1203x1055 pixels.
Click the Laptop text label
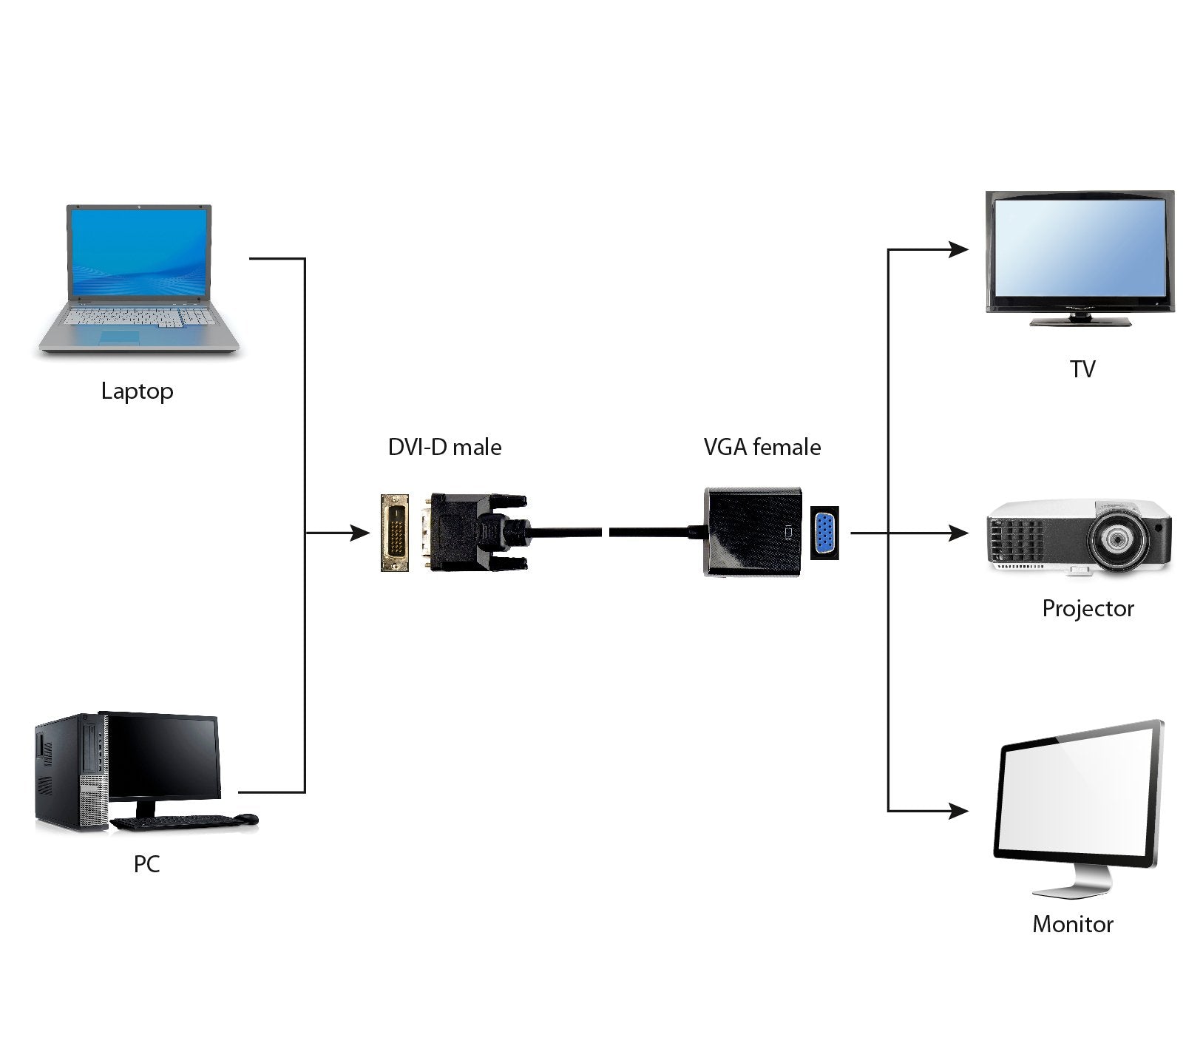coord(137,391)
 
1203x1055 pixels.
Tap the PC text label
coord(146,863)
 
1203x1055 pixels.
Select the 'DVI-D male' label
coord(444,447)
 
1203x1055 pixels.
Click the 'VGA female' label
coord(762,447)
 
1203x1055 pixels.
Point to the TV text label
coord(1082,368)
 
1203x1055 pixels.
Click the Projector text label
coord(1087,608)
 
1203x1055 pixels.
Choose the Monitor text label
coord(1072,924)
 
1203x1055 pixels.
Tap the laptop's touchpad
coord(120,337)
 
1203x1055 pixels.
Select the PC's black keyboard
coord(174,820)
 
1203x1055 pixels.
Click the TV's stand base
coord(1081,321)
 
